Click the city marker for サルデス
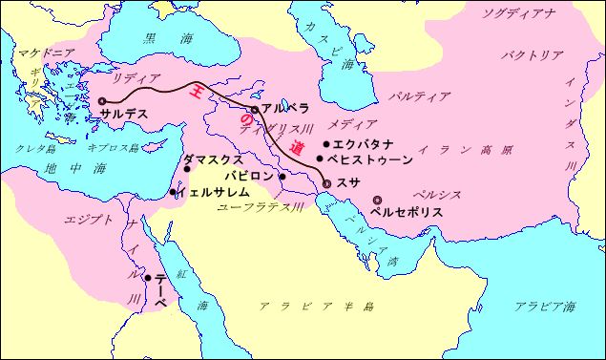pyautogui.click(x=102, y=100)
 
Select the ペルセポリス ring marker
pyautogui.click(x=376, y=200)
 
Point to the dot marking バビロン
pyautogui.click(x=282, y=177)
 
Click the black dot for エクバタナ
pyautogui.click(x=326, y=143)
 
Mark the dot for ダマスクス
pyautogui.click(x=187, y=170)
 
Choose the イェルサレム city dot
pyautogui.click(x=173, y=192)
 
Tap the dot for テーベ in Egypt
pyautogui.click(x=147, y=279)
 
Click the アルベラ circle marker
pyautogui.click(x=255, y=110)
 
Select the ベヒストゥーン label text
pyautogui.click(x=369, y=159)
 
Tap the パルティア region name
pyautogui.click(x=420, y=96)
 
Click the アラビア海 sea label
pyautogui.click(x=545, y=307)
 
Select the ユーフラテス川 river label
pyautogui.click(x=261, y=206)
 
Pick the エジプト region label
pyautogui.click(x=89, y=220)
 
